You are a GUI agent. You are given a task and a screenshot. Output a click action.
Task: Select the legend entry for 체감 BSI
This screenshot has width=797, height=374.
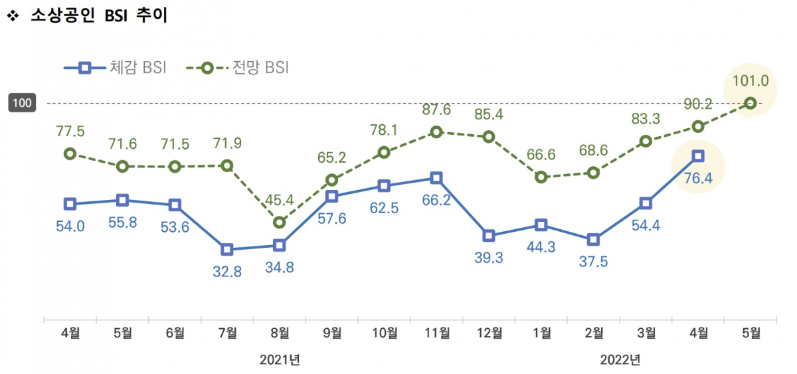coord(115,67)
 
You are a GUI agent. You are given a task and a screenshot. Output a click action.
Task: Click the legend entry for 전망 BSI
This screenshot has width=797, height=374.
coord(237,67)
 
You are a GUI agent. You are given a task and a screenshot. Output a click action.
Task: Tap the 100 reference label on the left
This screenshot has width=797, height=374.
coord(22,103)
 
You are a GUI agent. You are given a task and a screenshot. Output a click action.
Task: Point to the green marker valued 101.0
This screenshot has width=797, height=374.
coord(751,103)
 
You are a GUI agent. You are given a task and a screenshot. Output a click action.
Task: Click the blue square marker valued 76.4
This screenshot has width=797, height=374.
coord(698,156)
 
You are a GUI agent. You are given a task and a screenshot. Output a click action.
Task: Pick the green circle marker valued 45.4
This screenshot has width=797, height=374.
coord(280,222)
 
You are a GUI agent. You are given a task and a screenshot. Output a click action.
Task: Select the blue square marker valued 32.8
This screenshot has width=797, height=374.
coord(227,250)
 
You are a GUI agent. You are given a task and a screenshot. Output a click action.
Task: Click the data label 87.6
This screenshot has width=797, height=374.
coord(436,110)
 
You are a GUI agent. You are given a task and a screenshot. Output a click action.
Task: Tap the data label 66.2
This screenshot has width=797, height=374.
coord(436,199)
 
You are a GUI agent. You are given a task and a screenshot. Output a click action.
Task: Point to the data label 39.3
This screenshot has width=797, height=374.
coord(489,258)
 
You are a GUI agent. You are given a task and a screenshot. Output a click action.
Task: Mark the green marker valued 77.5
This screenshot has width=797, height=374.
coord(70,153)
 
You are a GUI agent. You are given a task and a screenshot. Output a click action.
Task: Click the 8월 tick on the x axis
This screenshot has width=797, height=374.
coord(280,333)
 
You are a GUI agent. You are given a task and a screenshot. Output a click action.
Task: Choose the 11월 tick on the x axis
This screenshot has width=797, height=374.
coord(436,333)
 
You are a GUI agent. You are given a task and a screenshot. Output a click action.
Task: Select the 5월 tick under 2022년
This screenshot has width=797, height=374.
coord(751,333)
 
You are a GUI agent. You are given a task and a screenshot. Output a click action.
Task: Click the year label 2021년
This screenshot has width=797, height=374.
coord(280,359)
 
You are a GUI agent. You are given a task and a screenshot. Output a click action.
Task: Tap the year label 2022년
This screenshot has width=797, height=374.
coord(620,359)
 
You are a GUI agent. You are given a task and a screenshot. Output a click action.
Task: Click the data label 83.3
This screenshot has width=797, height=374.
coord(646,120)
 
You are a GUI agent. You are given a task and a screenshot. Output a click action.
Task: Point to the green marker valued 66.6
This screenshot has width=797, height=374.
coord(541,177)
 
